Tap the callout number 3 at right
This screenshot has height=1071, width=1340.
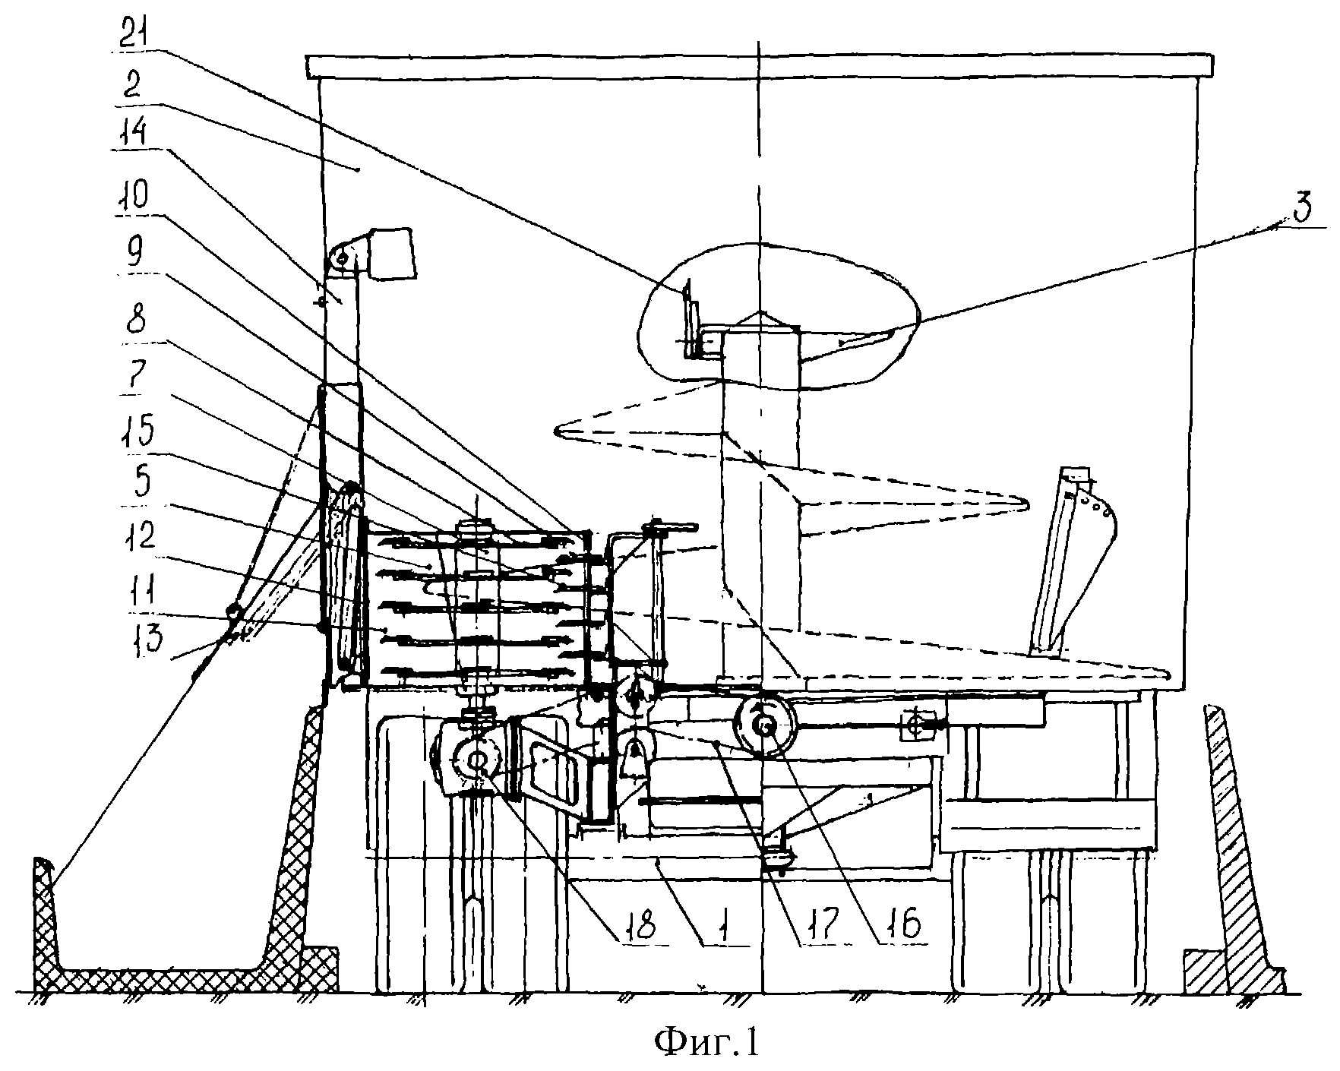click(1300, 211)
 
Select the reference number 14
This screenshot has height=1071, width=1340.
click(141, 141)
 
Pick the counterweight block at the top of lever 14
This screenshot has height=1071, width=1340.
click(390, 254)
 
